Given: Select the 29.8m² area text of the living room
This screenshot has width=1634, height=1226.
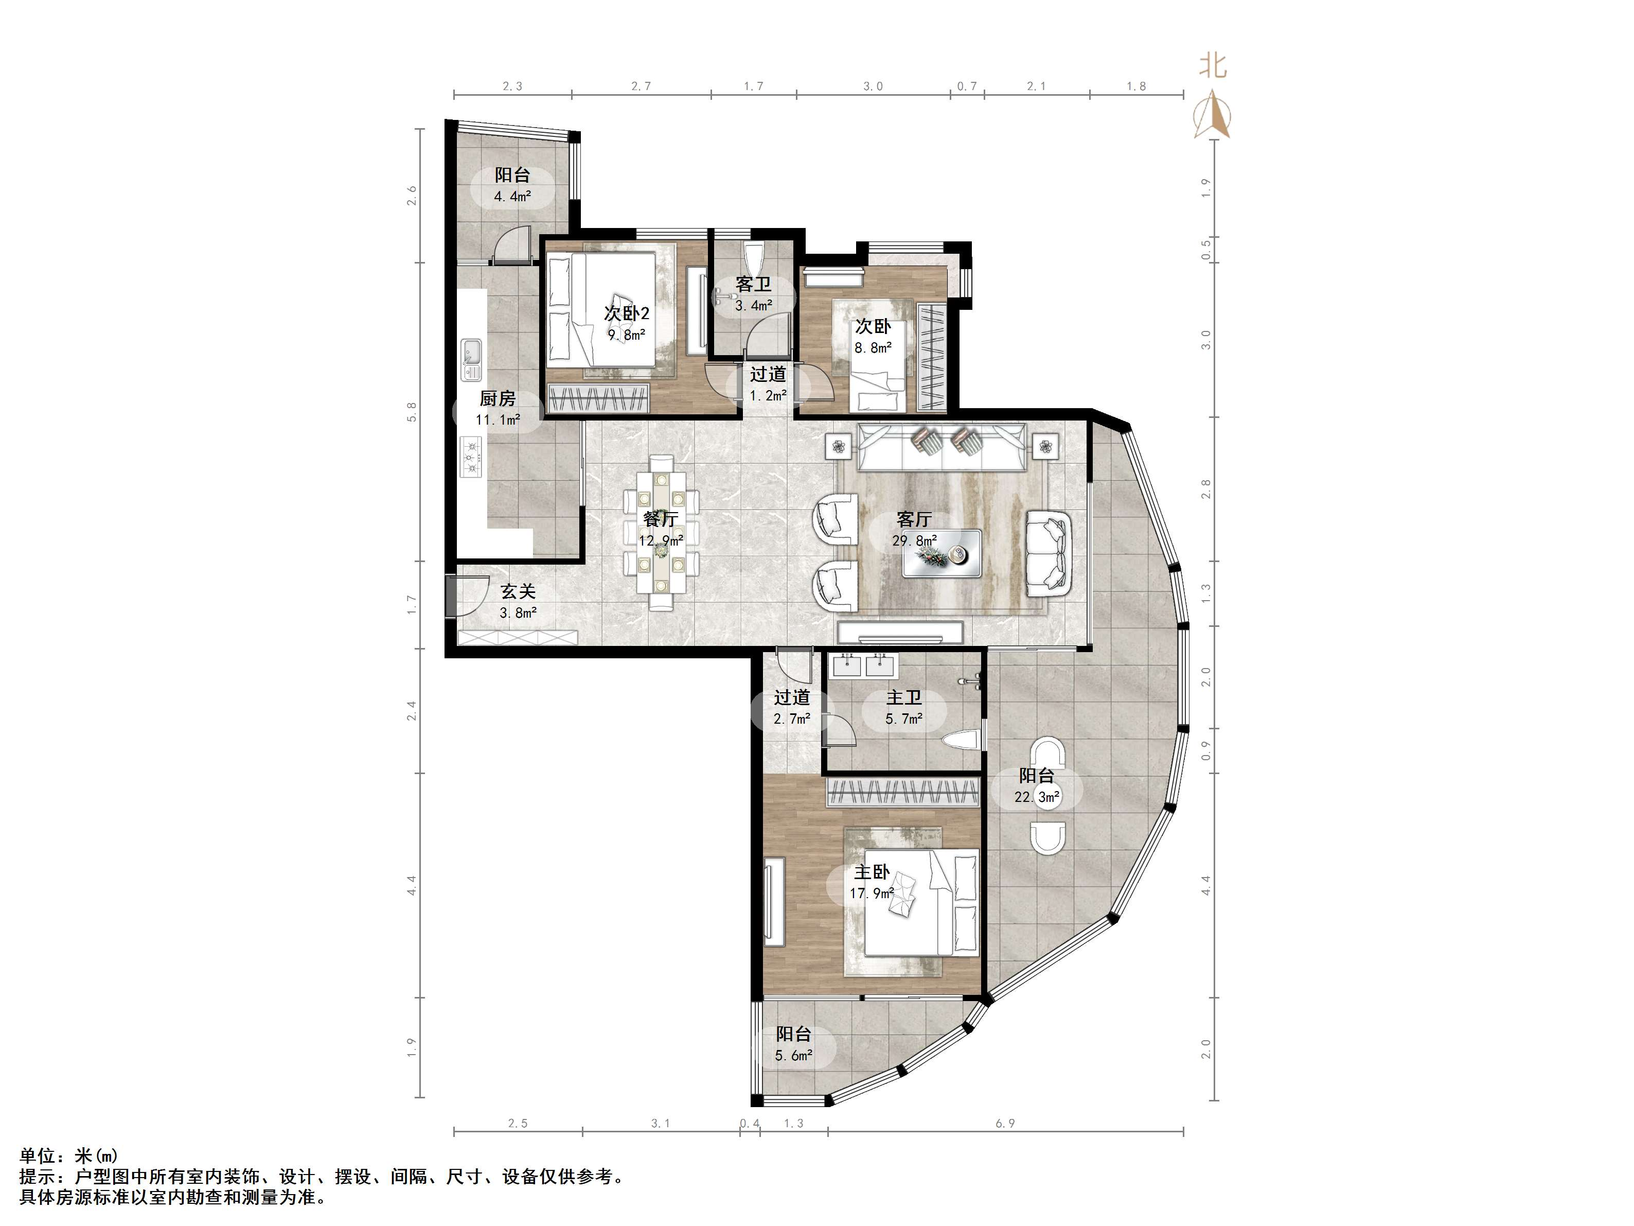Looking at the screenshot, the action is click(915, 541).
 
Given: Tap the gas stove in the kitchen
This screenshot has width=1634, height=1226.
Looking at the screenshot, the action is click(471, 456).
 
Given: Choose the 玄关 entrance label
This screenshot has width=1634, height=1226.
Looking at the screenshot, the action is click(518, 592).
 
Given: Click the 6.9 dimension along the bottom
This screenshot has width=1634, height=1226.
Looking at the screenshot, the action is click(1005, 1123).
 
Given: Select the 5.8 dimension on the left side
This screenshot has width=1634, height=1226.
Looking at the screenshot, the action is click(412, 412).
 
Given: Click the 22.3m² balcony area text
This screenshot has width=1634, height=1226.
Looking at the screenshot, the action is click(1037, 797).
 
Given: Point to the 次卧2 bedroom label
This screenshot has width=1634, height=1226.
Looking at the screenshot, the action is click(627, 313).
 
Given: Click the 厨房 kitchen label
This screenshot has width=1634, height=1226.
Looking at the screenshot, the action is click(497, 399).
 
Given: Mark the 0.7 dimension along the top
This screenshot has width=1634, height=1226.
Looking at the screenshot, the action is click(967, 86).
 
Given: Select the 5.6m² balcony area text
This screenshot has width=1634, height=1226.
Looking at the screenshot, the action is click(793, 1055).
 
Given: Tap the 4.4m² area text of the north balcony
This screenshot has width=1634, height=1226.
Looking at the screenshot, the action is click(512, 197).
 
